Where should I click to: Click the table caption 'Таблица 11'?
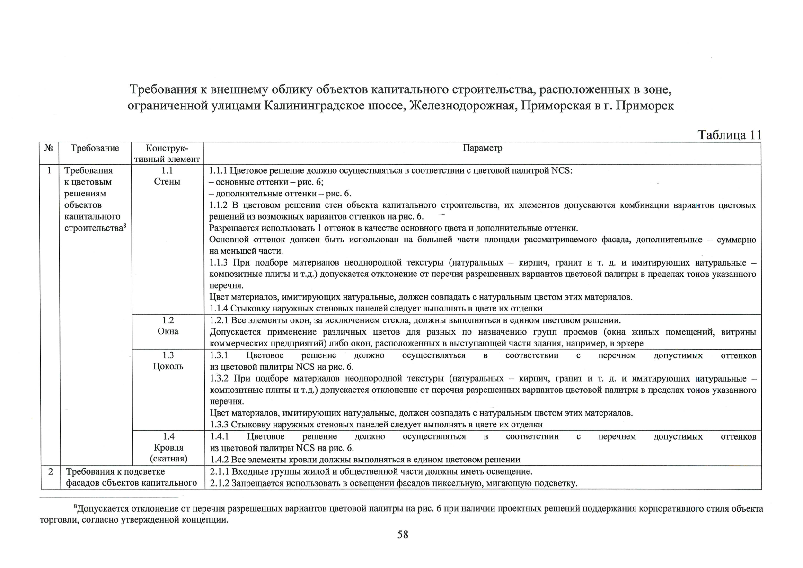pyautogui.click(x=730, y=135)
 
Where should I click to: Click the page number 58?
pyautogui.click(x=403, y=534)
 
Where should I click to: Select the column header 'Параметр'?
pyautogui.click(x=482, y=148)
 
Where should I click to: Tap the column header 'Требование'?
pyautogui.click(x=95, y=148)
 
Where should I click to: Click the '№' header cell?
pyautogui.click(x=49, y=148)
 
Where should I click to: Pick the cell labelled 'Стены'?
pyautogui.click(x=167, y=182)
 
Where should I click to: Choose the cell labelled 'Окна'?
pyautogui.click(x=168, y=331)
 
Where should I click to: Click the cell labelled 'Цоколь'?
pyautogui.click(x=168, y=366)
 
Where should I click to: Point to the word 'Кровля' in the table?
pyautogui.click(x=168, y=448)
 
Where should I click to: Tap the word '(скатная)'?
pyautogui.click(x=168, y=459)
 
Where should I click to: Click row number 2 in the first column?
pyautogui.click(x=51, y=471)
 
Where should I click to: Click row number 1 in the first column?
pyautogui.click(x=49, y=170)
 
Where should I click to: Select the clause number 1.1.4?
pyautogui.click(x=219, y=309)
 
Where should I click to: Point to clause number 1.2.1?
pyautogui.click(x=219, y=320)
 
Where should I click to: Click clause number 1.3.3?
pyautogui.click(x=219, y=425)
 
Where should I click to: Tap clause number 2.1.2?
pyautogui.click(x=219, y=483)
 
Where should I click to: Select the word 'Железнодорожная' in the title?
pyautogui.click(x=462, y=106)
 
